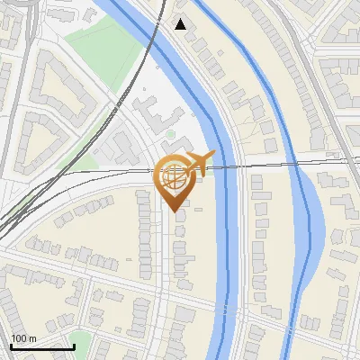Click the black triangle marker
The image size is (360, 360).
click(x=181, y=24)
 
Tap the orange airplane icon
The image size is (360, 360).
click(x=200, y=162)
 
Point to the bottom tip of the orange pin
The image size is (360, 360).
click(x=173, y=211)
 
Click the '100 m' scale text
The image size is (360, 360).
click(x=23, y=338)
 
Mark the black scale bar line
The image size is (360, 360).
click(x=42, y=346)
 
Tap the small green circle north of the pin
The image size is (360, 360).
click(x=170, y=135)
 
